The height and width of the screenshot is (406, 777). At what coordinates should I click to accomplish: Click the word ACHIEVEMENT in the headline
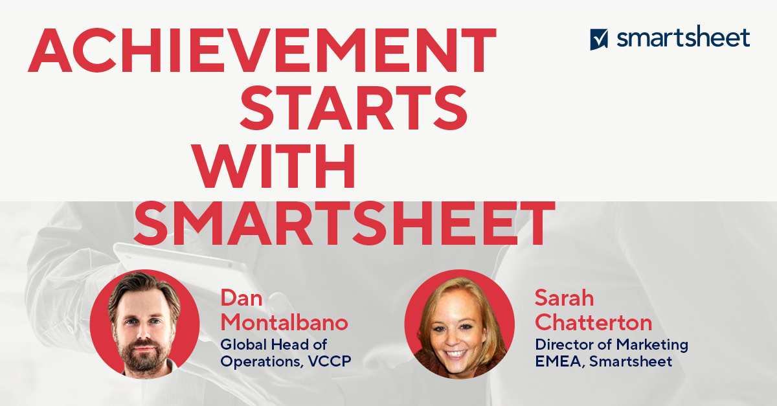262,51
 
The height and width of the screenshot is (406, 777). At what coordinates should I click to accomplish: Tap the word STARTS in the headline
354,107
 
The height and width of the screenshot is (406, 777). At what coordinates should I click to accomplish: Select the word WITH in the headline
274,166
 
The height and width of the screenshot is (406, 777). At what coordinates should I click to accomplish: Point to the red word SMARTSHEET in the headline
344,223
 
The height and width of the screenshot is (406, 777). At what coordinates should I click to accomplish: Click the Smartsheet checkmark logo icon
599,39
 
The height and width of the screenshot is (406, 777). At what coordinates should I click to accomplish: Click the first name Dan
242,298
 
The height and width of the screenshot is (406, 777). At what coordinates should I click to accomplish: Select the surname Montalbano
284,322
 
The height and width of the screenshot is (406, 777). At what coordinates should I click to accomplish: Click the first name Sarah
565,298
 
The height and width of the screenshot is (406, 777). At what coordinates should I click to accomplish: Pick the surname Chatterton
594,322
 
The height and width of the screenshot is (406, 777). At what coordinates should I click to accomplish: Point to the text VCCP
330,361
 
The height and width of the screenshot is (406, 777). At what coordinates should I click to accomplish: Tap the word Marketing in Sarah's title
653,345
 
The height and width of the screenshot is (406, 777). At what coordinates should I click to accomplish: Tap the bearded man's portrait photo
144,324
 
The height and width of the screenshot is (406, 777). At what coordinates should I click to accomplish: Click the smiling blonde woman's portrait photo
459,324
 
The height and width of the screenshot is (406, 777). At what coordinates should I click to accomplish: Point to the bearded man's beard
143,354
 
